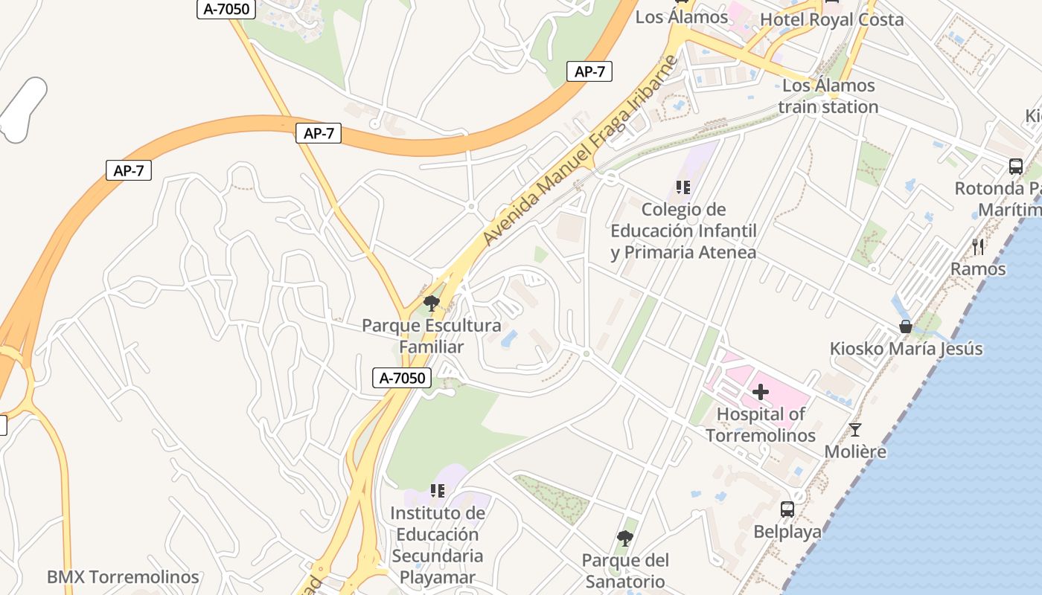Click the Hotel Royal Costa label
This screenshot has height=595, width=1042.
pyautogui.click(x=831, y=19)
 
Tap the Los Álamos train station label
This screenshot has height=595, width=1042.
pyautogui.click(x=828, y=96)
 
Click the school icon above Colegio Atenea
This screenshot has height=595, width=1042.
pyautogui.click(x=683, y=187)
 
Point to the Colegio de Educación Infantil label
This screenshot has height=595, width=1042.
pyautogui.click(x=683, y=231)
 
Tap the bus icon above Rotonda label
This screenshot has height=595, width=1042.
pyautogui.click(x=1016, y=167)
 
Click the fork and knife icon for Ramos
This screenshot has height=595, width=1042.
pyautogui.click(x=978, y=247)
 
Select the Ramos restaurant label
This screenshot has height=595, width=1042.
pyautogui.click(x=978, y=268)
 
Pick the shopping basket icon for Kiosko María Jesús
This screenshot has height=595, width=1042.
pyautogui.click(x=906, y=327)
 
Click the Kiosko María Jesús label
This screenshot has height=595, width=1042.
pyautogui.click(x=906, y=348)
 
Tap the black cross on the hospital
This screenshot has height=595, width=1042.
pyautogui.click(x=761, y=391)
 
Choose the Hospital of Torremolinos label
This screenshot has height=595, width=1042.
pyautogui.click(x=761, y=424)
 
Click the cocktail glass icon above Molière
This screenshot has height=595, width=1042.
pyautogui.click(x=855, y=430)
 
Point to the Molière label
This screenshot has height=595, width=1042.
pyautogui.click(x=855, y=451)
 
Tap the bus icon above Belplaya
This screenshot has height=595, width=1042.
pyautogui.click(x=787, y=509)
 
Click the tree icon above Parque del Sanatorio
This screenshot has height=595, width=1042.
pyautogui.click(x=625, y=538)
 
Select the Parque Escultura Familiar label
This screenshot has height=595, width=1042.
pyautogui.click(x=432, y=336)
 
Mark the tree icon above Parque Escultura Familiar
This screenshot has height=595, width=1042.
pyautogui.click(x=431, y=303)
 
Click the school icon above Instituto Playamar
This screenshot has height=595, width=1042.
pyautogui.click(x=438, y=491)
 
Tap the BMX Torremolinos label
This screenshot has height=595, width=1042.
pyautogui.click(x=123, y=577)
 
